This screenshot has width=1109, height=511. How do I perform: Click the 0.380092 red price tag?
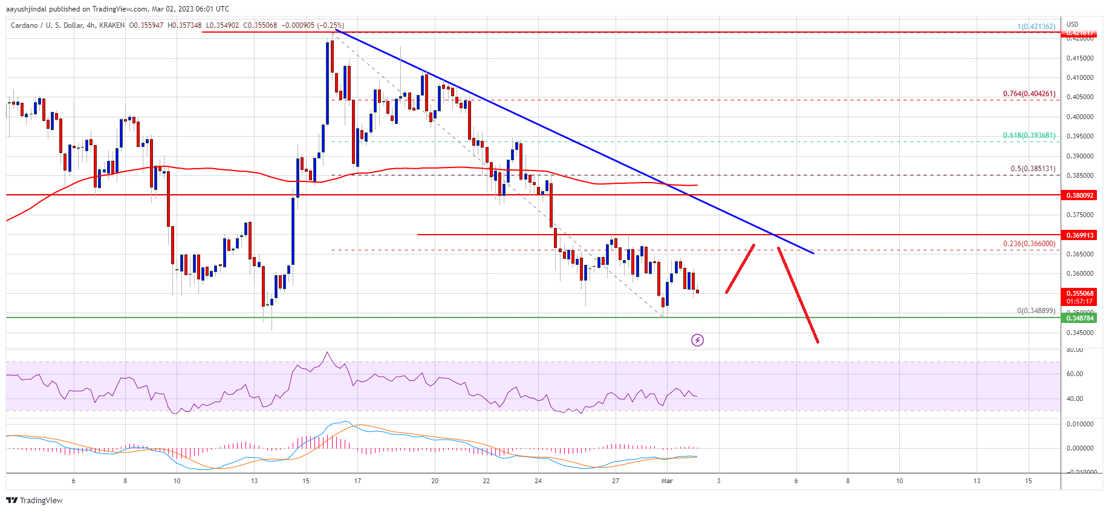click(x=1079, y=195)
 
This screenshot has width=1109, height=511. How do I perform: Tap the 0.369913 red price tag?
click(x=1079, y=235)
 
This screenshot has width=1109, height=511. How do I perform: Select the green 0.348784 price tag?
click(x=1079, y=318)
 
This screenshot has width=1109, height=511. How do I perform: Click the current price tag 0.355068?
click(x=1079, y=294)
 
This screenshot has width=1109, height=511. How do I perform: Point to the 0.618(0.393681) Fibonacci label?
click(x=1029, y=135)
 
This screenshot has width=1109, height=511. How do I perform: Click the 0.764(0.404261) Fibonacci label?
click(x=1029, y=94)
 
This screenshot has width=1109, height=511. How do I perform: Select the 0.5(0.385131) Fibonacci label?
click(x=1032, y=169)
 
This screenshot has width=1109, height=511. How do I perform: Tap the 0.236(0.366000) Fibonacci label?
click(x=1029, y=244)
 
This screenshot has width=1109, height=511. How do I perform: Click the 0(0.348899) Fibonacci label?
click(x=1036, y=311)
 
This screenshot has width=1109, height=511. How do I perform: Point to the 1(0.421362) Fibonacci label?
click(x=1036, y=27)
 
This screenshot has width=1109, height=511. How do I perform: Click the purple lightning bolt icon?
click(x=697, y=340)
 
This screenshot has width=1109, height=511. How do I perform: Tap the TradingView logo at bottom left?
click(x=34, y=500)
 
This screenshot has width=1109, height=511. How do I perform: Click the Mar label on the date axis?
click(x=667, y=481)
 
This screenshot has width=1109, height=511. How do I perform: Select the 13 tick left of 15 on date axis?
click(x=255, y=481)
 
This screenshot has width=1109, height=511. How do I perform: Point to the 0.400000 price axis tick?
click(x=1079, y=117)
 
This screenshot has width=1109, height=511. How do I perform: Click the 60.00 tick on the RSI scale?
click(x=1075, y=374)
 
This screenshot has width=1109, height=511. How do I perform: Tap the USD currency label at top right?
click(x=1072, y=25)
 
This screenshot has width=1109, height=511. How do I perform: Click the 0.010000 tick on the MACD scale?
click(x=1079, y=425)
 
